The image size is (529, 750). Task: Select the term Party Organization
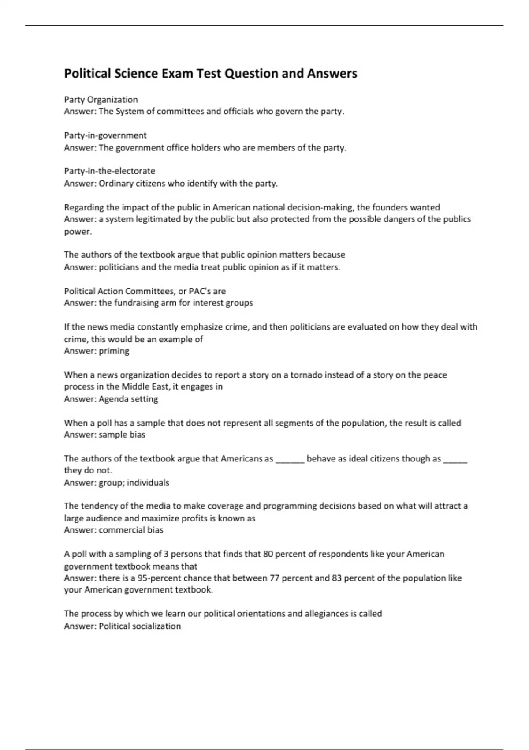coord(101,100)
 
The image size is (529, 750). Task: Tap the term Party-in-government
coord(105,135)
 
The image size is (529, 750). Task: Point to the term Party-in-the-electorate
coord(110,171)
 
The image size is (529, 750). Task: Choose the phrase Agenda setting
coord(128,399)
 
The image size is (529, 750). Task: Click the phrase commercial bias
coord(131,530)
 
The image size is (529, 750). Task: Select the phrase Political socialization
coord(140,626)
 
